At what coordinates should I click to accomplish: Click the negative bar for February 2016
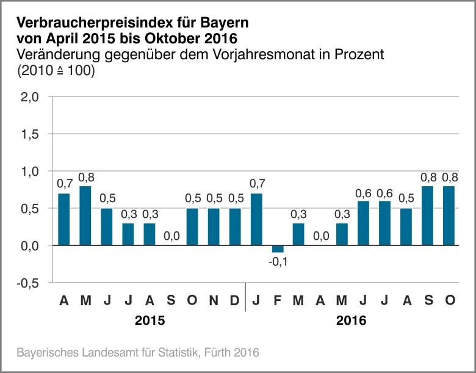(278, 248)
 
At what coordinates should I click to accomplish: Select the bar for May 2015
(85, 215)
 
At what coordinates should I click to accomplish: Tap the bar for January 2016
(256, 219)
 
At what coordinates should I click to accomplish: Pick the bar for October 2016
(449, 215)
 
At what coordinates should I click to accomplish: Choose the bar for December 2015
(235, 226)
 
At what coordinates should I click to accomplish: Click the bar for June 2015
(107, 226)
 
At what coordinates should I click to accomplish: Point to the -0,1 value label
(278, 262)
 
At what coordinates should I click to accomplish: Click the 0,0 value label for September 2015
(171, 236)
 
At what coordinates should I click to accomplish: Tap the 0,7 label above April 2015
(64, 183)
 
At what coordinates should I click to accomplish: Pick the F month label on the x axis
(278, 300)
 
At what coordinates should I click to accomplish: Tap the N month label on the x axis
(214, 300)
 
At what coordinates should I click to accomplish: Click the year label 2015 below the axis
(150, 320)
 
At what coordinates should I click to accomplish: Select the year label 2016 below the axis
(351, 320)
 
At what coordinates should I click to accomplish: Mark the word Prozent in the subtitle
(361, 54)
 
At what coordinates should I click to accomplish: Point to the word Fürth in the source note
(220, 353)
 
